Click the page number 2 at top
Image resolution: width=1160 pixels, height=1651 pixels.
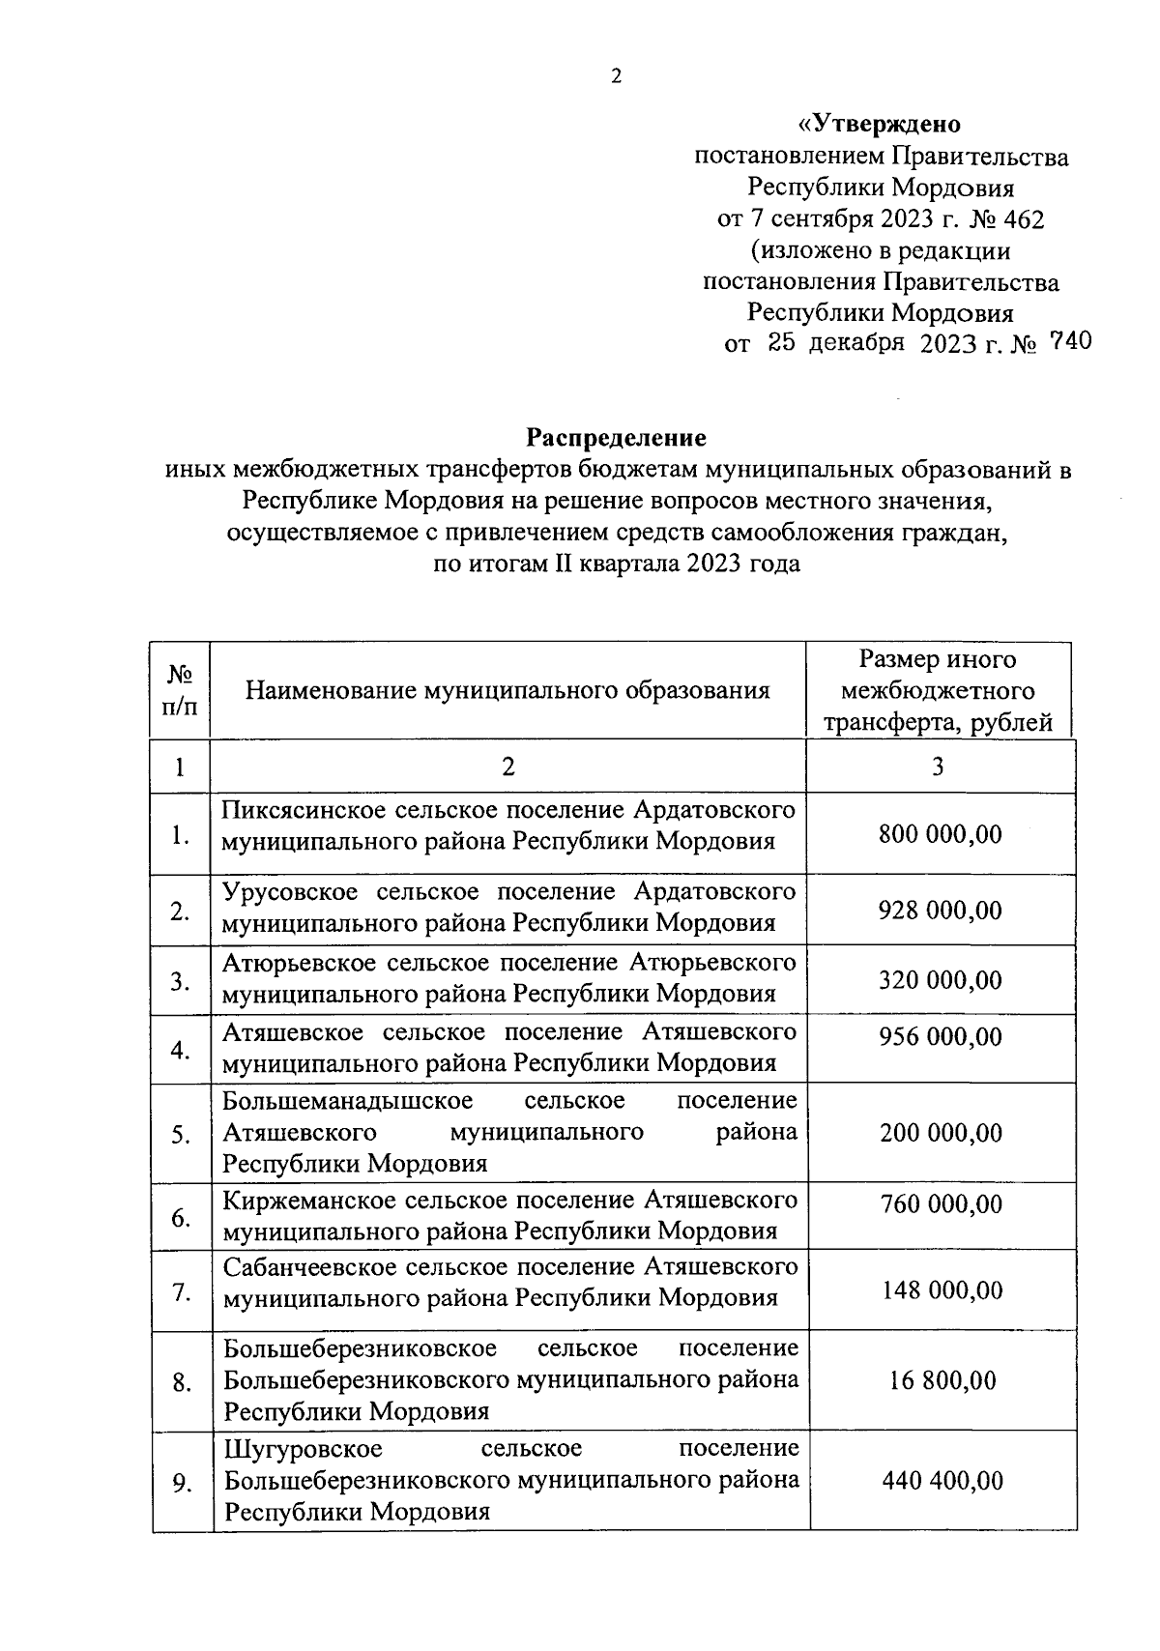(617, 78)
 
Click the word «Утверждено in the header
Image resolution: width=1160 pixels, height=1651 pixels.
(879, 125)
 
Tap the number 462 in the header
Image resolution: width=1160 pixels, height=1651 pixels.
(1025, 219)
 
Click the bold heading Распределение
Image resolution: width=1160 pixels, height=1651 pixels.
(616, 438)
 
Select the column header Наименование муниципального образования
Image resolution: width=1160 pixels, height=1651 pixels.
(507, 690)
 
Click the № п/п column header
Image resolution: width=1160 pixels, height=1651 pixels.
(180, 690)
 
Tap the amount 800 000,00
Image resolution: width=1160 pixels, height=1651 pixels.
(940, 834)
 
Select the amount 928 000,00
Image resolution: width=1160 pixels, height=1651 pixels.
(940, 911)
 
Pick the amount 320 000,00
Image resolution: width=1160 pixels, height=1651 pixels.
(940, 980)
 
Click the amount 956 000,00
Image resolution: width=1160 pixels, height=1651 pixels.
(940, 1037)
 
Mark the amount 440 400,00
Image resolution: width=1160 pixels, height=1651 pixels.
(942, 1481)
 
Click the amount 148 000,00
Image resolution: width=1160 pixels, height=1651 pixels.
(942, 1290)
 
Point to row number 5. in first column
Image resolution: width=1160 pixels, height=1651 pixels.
(181, 1135)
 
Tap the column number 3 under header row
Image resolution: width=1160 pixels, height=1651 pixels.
(937, 768)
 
